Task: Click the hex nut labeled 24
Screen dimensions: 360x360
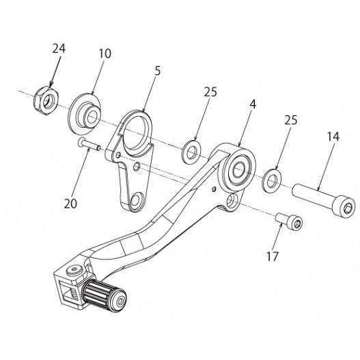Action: (x=47, y=100)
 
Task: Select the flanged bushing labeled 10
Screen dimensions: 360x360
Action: (x=85, y=113)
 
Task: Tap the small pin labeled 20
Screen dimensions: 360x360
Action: (x=89, y=145)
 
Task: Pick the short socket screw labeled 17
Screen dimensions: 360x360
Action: (x=289, y=221)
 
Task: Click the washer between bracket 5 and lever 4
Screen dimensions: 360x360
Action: (x=191, y=152)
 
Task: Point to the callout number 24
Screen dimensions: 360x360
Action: (x=59, y=49)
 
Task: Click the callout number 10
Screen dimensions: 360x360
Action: (x=105, y=53)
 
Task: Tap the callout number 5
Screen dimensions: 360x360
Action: (x=158, y=71)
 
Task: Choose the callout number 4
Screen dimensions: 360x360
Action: (x=253, y=105)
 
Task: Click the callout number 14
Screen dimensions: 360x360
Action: (x=333, y=137)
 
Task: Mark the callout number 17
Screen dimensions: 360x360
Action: (x=273, y=256)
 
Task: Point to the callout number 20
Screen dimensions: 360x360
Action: (x=70, y=204)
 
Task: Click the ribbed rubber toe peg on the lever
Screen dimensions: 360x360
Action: (x=105, y=296)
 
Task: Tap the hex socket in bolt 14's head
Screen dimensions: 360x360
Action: (x=346, y=208)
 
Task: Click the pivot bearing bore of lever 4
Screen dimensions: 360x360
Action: (x=240, y=169)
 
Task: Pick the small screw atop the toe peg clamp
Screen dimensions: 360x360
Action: (x=74, y=271)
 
